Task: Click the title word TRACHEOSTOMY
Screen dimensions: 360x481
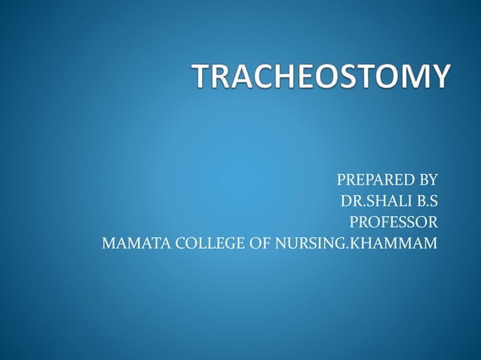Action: click(321, 78)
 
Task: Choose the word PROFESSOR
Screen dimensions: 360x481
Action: click(393, 222)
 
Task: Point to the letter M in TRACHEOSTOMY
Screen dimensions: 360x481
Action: click(414, 78)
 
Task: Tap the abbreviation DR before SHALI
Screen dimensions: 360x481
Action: click(349, 201)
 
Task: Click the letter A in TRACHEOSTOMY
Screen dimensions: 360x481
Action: click(244, 78)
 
